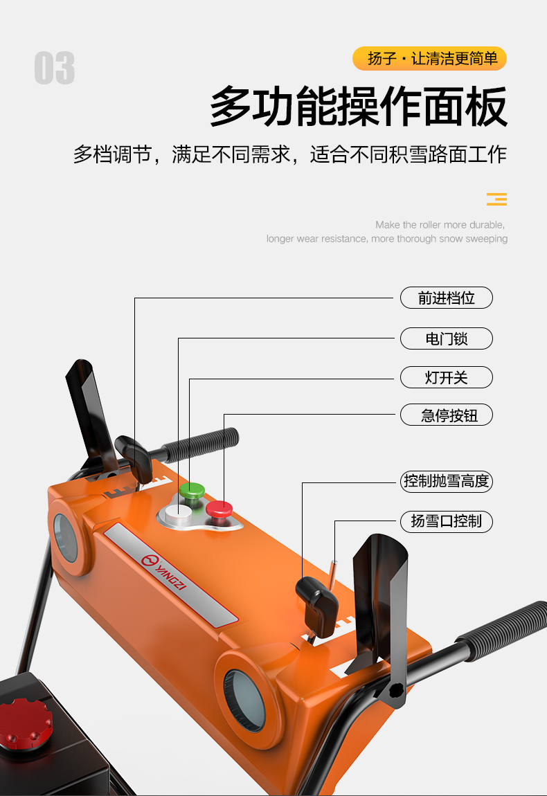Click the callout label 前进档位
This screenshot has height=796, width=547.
pos(446,298)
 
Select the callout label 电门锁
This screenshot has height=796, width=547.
pos(446,338)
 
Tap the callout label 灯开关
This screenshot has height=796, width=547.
pos(446,377)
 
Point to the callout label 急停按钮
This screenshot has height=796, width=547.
pos(446,415)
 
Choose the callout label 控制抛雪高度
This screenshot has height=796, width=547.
pos(446,481)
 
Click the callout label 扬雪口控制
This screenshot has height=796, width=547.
pos(446,521)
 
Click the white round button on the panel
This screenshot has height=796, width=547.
pos(178,513)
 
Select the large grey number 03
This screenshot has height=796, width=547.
pos(55,69)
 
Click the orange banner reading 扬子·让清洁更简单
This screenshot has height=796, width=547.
pos(429,59)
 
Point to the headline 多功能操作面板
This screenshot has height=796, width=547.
pos(359,107)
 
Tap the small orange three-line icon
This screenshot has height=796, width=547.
pos(496,199)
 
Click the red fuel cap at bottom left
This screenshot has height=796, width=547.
pos(26,723)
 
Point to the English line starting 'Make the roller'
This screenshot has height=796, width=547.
pos(440,225)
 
